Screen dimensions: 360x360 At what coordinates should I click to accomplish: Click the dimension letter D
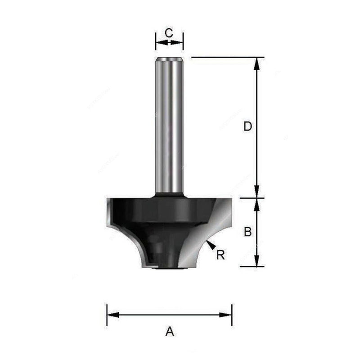pos(247,127)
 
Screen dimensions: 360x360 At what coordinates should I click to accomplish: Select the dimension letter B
pos(247,232)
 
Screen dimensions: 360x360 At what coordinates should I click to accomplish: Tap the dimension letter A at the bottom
pos(170,332)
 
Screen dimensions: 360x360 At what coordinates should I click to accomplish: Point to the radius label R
pos(220,255)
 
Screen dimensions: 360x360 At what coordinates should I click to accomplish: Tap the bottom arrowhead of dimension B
pos(257,261)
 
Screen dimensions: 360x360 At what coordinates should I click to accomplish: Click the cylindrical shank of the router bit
pos(169,126)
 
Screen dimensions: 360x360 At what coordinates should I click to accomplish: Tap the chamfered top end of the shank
pos(169,58)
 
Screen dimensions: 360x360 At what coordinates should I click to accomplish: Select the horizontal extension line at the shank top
pos(225,57)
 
